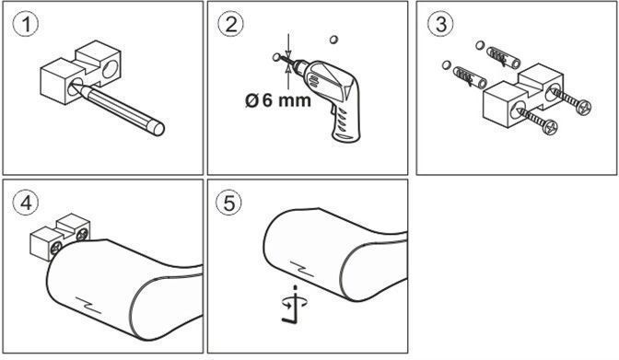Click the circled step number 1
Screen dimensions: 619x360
[26, 25]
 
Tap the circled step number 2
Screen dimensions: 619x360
[230, 24]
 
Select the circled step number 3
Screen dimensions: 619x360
[440, 24]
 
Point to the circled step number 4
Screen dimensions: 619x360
[26, 203]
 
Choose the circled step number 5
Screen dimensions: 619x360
[229, 203]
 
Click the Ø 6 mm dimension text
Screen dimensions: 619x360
[278, 99]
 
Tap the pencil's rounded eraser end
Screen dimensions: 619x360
[158, 128]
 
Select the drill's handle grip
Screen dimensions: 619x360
[345, 122]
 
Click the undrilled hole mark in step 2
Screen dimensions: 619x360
[333, 40]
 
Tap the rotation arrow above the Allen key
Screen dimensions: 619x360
[295, 303]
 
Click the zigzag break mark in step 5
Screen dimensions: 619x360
[302, 269]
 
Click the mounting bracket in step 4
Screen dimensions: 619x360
[60, 236]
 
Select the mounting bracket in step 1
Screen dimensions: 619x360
[80, 72]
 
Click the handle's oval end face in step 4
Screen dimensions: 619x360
[166, 308]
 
